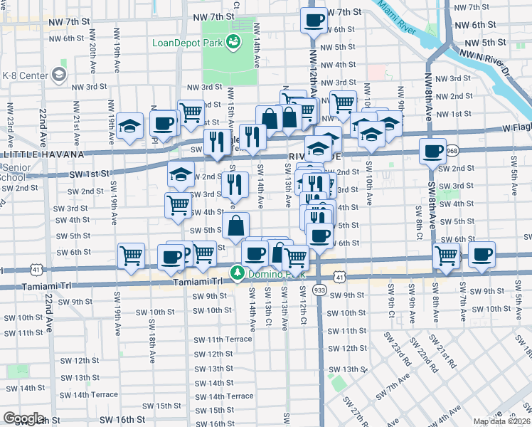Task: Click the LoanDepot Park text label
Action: point(187,43)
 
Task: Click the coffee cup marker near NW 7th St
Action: point(314,20)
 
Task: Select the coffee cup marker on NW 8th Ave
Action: point(432,151)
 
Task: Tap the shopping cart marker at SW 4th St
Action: point(178,206)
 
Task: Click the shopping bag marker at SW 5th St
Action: point(235,226)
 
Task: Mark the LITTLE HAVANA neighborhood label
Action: point(43,154)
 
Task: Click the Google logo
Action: point(23,418)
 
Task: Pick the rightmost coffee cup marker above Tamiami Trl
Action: point(482,254)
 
